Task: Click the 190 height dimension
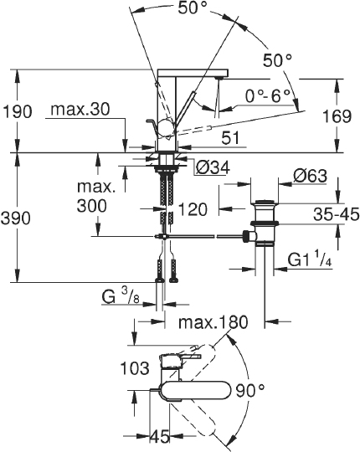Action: click(x=17, y=111)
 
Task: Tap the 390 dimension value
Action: click(x=15, y=218)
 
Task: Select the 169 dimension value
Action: click(x=337, y=116)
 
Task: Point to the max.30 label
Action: click(x=80, y=110)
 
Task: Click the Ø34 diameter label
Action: click(x=213, y=167)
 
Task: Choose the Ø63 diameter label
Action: click(x=311, y=176)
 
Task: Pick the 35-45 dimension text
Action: click(x=336, y=214)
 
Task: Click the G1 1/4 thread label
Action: click(x=310, y=261)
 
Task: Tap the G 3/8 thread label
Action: click(x=121, y=296)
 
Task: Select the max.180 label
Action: click(x=213, y=322)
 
